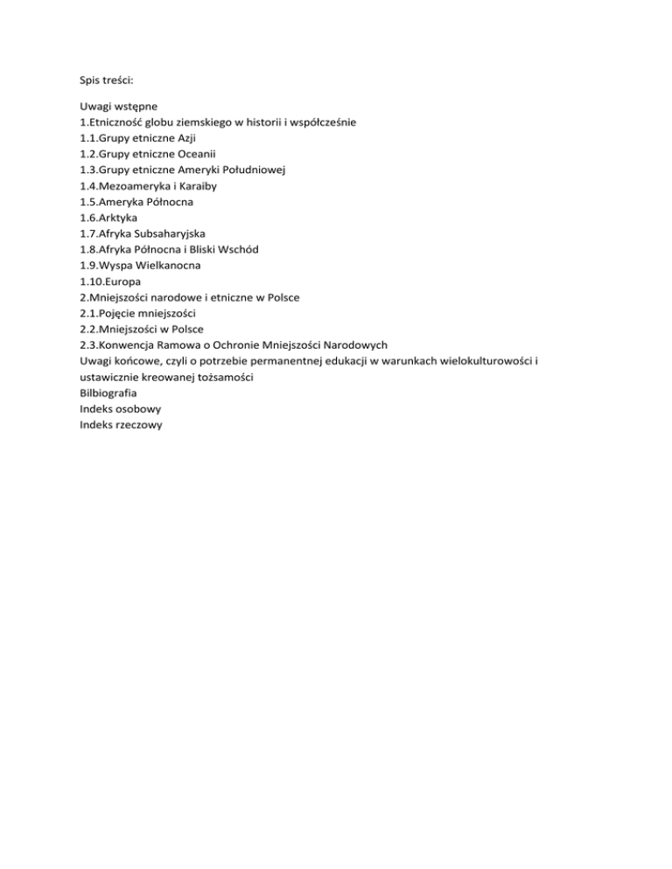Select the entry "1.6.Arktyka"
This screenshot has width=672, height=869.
click(x=108, y=218)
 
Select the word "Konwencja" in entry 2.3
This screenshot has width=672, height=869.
click(x=132, y=344)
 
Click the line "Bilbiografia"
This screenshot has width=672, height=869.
click(x=108, y=393)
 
